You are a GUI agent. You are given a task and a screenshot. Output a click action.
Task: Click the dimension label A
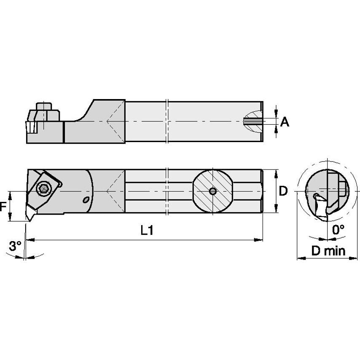click(x=285, y=122)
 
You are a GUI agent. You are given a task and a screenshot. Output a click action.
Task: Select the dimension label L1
click(x=146, y=230)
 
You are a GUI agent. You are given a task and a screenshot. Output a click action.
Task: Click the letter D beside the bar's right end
click(x=283, y=191)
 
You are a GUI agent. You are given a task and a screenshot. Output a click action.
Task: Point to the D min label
click(x=328, y=251)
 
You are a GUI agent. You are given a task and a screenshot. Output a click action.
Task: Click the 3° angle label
click(x=15, y=246)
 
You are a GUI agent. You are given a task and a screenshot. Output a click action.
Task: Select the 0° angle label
click(x=338, y=230)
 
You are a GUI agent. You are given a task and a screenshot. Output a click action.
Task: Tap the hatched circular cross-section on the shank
click(x=213, y=191)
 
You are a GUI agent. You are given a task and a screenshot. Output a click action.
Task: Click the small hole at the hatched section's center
click(x=213, y=191)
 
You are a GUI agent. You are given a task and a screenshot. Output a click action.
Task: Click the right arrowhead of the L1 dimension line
click(x=260, y=240)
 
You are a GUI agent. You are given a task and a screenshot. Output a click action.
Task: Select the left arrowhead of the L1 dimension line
click(x=30, y=240)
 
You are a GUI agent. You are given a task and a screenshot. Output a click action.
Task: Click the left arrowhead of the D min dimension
click(x=300, y=258)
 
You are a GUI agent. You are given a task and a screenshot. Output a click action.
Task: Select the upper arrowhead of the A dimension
click(x=276, y=112)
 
